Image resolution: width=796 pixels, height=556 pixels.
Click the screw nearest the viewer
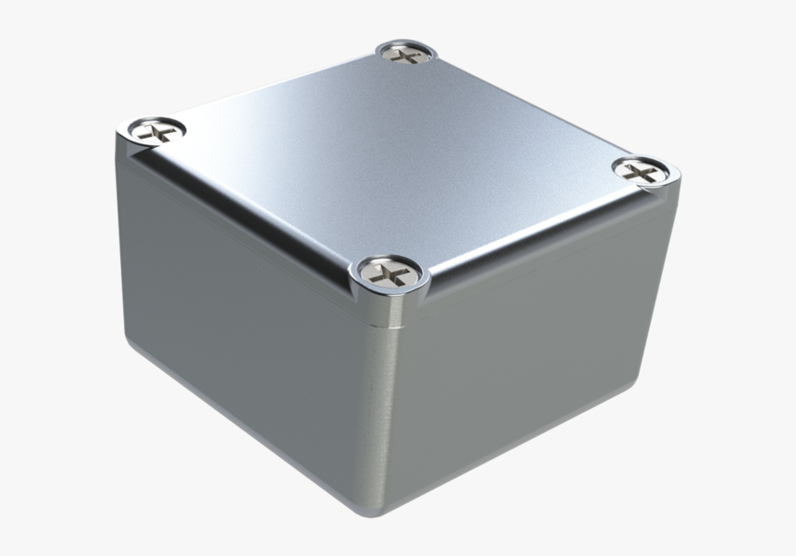pos(387,271)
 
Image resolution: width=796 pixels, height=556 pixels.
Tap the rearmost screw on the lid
pos(404,55)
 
